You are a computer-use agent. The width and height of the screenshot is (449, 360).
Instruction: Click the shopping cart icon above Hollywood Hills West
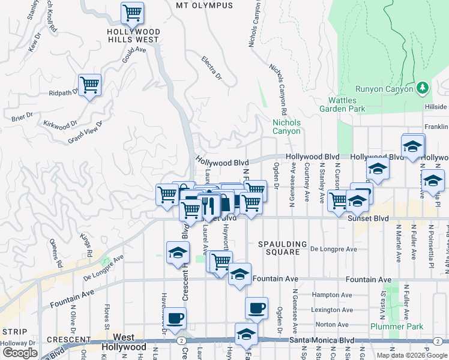(132, 12)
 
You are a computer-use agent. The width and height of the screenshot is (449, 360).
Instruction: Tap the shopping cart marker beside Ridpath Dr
(89, 85)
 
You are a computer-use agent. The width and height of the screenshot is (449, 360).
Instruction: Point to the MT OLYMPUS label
(204, 5)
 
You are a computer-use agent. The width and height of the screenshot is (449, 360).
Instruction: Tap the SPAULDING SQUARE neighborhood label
(279, 248)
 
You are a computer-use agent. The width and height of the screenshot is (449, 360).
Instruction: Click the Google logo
(20, 352)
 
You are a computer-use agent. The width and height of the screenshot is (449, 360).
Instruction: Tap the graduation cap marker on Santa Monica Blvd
(246, 335)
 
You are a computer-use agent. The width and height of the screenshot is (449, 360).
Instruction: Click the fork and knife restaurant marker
(208, 205)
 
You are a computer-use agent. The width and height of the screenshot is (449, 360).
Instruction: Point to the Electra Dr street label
(212, 68)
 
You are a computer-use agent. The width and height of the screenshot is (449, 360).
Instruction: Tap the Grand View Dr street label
(85, 132)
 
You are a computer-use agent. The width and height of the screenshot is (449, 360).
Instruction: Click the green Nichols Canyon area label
(286, 127)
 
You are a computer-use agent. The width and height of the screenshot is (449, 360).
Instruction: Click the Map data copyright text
(412, 355)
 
